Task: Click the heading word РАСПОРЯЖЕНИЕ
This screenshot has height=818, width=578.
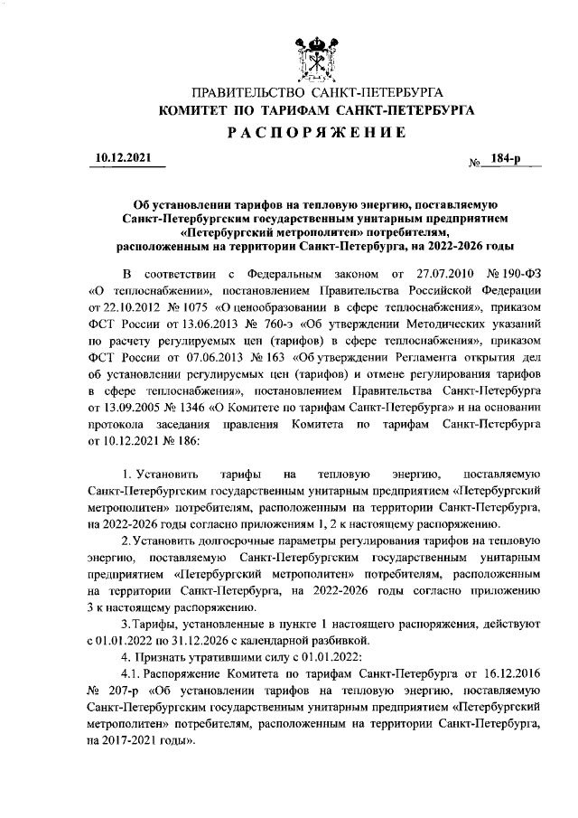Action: [316, 132]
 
